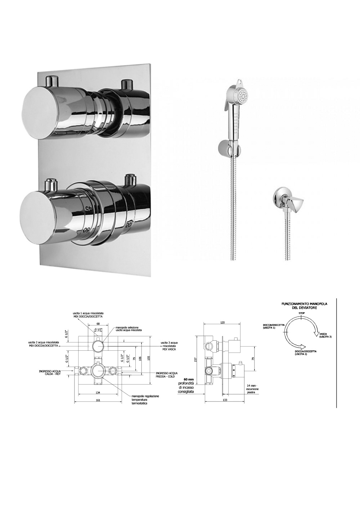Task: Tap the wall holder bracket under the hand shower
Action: (225, 147)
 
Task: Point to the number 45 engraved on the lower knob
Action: (89, 208)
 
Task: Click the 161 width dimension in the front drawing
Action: (98, 400)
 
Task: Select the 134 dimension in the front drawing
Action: (98, 392)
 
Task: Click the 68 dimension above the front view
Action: (98, 324)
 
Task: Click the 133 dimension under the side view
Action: (225, 400)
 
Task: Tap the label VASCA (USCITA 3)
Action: (325, 335)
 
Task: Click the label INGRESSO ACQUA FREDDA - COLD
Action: (166, 375)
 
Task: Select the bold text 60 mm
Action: (189, 379)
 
